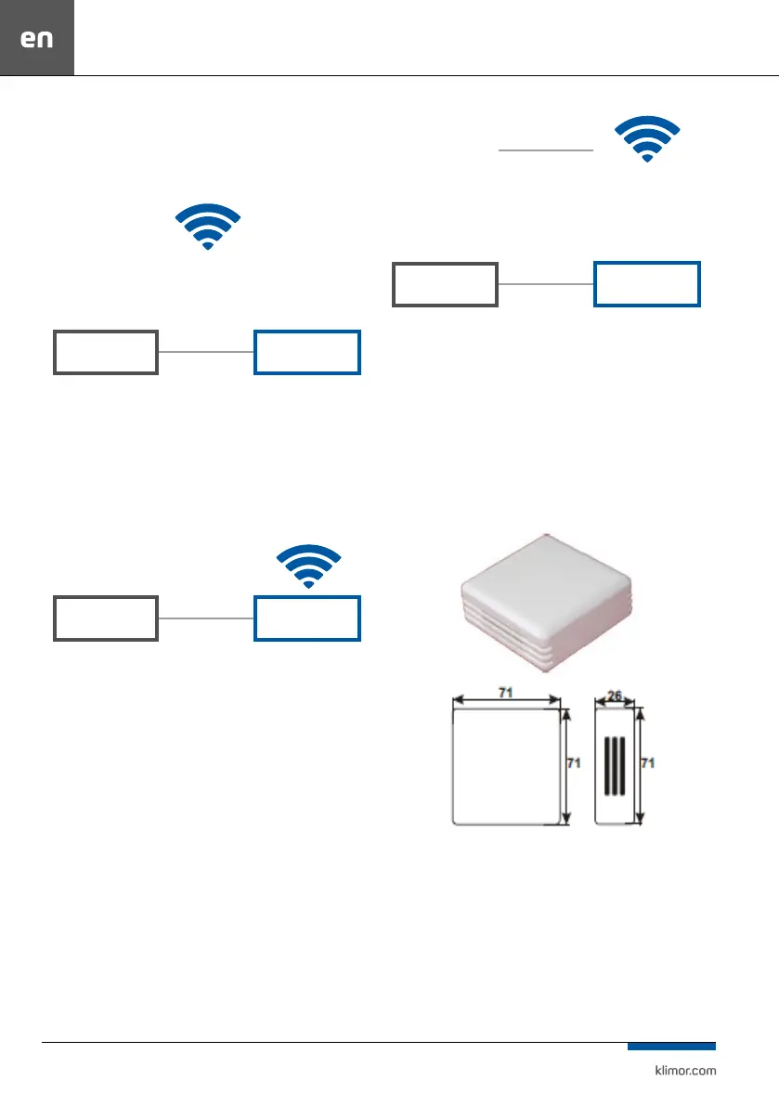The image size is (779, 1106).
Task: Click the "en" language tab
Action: (x=37, y=39)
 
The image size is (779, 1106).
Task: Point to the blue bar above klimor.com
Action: (x=670, y=1046)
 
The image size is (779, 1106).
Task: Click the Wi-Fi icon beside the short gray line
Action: (x=647, y=138)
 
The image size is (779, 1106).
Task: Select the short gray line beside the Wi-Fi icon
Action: (x=545, y=149)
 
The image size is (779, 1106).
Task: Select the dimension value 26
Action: (x=616, y=694)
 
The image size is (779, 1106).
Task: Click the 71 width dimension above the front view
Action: (x=507, y=693)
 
